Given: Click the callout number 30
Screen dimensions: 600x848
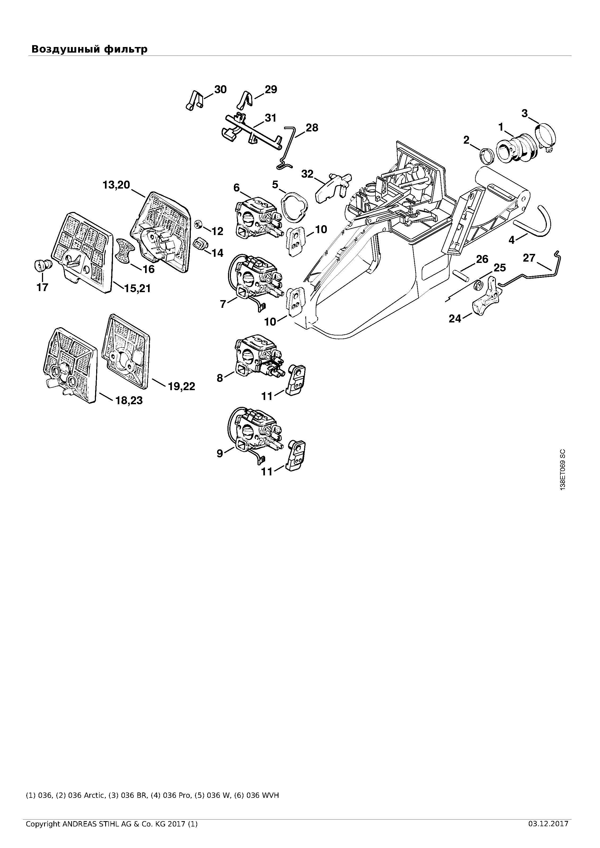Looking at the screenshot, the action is [x=220, y=90].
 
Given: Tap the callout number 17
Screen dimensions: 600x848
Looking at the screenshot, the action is [x=43, y=287].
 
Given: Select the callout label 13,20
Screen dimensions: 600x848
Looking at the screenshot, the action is [x=116, y=184].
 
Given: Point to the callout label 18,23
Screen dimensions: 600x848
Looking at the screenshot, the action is [x=129, y=400].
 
